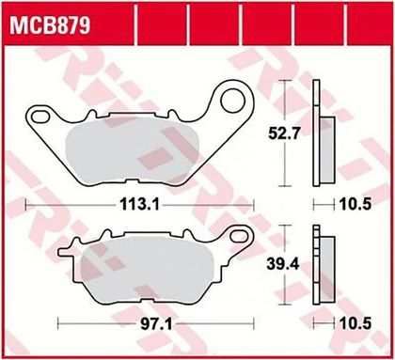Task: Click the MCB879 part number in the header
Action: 50,25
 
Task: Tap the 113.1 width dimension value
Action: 139,205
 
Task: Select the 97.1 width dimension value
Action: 156,324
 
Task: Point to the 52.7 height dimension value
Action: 284,133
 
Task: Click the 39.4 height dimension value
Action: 283,264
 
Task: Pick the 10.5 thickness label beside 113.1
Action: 355,205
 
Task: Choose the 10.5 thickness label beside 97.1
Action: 355,323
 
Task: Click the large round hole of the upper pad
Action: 232,101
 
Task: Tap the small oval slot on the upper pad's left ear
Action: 40,117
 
